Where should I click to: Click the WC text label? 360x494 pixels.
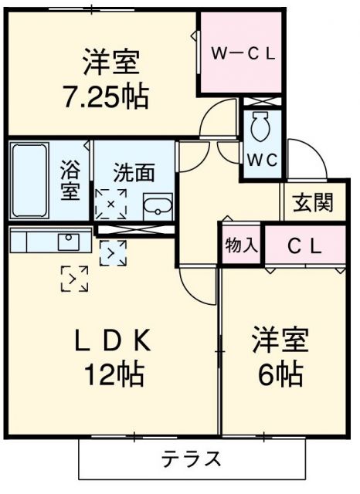pos(262,161)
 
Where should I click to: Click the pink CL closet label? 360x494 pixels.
pos(304,245)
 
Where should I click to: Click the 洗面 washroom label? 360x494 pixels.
pos(133,171)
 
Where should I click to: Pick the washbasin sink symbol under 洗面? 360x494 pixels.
pos(159,205)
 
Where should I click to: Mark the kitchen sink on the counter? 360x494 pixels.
pos(68,241)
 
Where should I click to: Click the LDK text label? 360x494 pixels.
pos(116,340)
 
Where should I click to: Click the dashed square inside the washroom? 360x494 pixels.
pos(110,203)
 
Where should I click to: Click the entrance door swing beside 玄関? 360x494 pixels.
pos(303,157)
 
